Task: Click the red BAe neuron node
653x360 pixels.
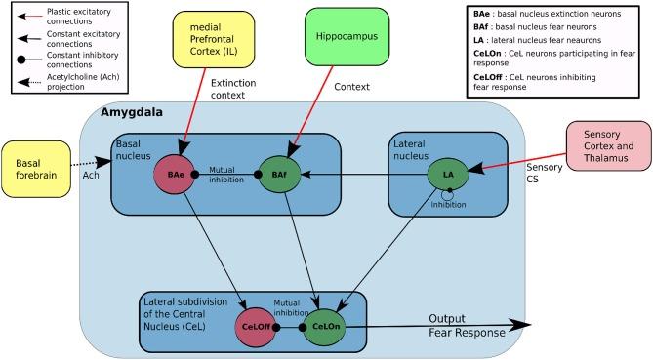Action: [175, 175]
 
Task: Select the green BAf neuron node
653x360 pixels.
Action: [279, 175]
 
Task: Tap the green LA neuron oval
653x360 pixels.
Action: [448, 175]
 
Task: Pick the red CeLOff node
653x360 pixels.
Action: [256, 329]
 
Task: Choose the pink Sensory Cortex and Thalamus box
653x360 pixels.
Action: [604, 146]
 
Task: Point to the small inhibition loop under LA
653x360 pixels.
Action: [448, 194]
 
